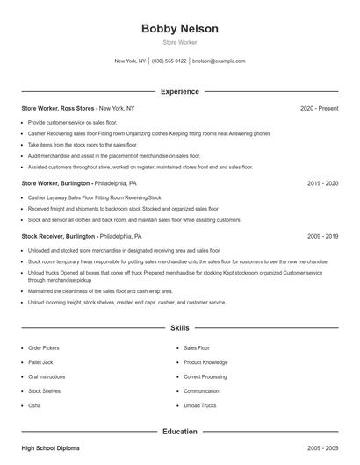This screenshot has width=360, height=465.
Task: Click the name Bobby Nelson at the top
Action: (x=180, y=29)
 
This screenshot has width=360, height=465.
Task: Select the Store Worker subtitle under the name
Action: (x=180, y=42)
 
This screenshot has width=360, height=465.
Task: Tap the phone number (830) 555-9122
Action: (x=169, y=61)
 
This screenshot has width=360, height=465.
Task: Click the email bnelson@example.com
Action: (x=219, y=61)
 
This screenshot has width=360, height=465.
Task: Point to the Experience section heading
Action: (x=180, y=91)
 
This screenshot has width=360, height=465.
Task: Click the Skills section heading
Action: (x=180, y=328)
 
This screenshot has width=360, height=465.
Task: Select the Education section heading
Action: (x=180, y=432)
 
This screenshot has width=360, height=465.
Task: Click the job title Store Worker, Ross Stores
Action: (x=59, y=108)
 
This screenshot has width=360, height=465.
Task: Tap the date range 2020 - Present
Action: (x=319, y=108)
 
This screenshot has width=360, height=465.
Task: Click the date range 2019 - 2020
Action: (x=323, y=184)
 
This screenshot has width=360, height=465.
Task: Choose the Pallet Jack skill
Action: (x=41, y=362)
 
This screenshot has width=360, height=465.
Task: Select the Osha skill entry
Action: (x=34, y=405)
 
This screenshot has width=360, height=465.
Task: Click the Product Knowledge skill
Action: (x=205, y=362)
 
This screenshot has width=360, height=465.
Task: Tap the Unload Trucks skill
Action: (x=200, y=405)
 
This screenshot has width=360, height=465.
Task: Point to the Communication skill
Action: (x=201, y=391)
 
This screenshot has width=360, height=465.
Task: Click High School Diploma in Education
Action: (x=50, y=448)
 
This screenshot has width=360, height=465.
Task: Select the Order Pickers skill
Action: (x=44, y=348)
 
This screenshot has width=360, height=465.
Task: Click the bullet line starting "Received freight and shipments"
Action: (x=111, y=210)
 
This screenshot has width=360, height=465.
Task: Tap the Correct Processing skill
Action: (x=205, y=376)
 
